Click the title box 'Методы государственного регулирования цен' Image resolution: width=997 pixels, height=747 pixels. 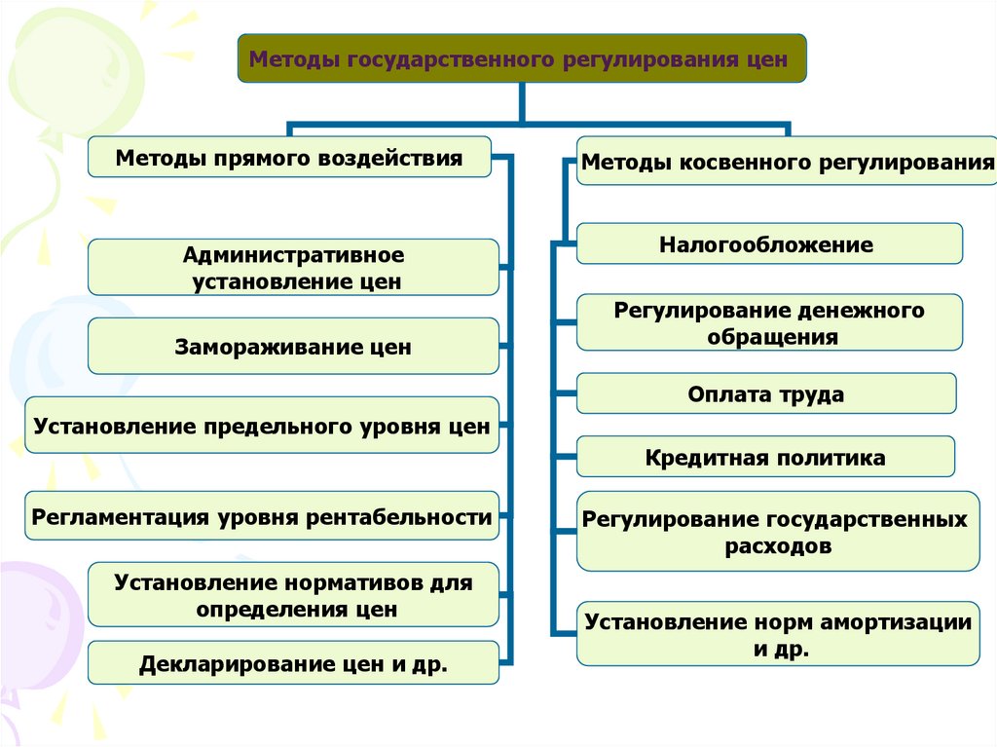click(522, 58)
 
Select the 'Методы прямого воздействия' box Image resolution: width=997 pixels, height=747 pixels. click(289, 157)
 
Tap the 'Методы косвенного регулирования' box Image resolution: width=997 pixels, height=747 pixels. click(787, 163)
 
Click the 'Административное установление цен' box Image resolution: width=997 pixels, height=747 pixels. click(293, 268)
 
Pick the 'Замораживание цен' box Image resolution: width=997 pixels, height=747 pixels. click(293, 347)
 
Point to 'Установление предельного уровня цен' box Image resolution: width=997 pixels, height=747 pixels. click(262, 426)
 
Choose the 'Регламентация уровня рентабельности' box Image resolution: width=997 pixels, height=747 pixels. click(262, 517)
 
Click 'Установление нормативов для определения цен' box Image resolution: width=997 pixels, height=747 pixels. click(293, 595)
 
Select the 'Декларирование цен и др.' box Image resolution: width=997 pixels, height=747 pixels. click(293, 664)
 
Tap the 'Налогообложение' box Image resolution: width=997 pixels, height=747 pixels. click(769, 244)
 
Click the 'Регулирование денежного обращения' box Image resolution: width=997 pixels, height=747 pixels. click(769, 323)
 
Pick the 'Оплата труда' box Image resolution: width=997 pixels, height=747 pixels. click(765, 394)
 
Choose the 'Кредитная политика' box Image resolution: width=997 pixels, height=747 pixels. click(765, 457)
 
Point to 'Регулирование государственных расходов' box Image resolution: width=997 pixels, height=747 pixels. click(777, 532)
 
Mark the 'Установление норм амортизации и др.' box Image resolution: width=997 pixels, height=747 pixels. click(777, 635)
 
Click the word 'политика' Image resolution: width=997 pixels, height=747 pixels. click(831, 457)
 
